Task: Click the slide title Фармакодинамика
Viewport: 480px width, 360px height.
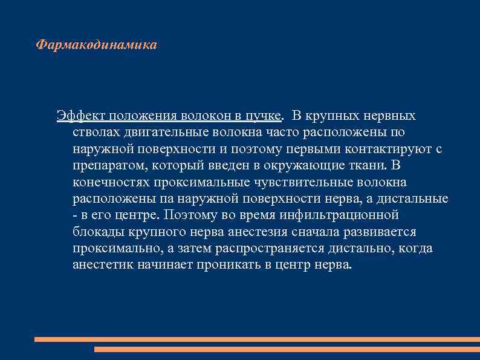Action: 97,45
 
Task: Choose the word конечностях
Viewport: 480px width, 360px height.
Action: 111,182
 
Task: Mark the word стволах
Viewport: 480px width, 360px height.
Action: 93,132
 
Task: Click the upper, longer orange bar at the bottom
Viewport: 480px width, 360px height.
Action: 257,339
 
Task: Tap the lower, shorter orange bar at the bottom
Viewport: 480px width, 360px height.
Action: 287,349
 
